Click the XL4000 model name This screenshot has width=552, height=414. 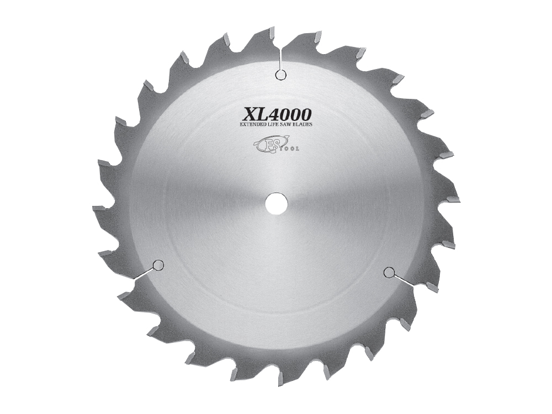click(x=277, y=115)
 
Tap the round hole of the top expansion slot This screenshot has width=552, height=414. click(x=280, y=75)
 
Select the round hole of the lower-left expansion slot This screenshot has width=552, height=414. click(x=158, y=266)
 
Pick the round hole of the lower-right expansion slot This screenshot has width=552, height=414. click(x=389, y=271)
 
